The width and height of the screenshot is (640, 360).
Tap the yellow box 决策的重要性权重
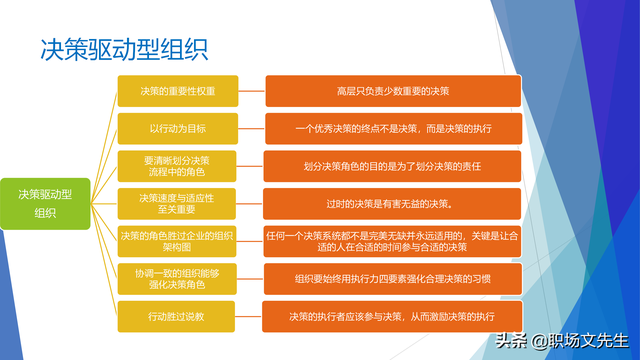point(177,91)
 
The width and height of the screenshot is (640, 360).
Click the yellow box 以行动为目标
point(177,128)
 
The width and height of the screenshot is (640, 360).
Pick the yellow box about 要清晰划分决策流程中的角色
point(177,165)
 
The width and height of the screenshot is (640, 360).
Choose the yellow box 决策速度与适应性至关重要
point(177,203)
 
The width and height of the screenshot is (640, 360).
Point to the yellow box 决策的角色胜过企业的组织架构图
point(177,241)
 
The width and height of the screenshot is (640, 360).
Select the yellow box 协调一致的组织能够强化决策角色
point(177,278)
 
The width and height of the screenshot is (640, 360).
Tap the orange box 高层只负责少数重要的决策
point(393,91)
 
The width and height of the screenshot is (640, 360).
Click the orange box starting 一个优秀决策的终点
point(393,128)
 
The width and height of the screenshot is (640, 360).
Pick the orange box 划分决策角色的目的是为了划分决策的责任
point(393,166)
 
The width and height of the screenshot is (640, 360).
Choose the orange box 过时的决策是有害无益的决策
point(393,203)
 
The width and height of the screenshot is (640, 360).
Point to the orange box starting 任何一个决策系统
point(393,241)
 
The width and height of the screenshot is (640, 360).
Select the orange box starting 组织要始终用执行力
point(393,278)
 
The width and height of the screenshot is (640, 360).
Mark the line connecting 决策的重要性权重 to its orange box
point(251,91)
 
